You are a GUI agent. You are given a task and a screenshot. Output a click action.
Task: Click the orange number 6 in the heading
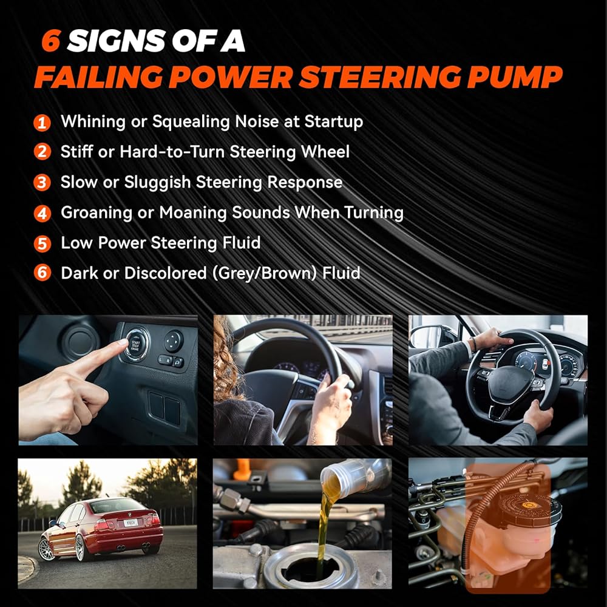click(51, 40)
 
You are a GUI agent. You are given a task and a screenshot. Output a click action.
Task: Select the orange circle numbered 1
click(42, 123)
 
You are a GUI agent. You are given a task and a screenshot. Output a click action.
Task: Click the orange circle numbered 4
click(42, 213)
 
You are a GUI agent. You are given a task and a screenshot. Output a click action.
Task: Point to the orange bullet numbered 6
click(42, 273)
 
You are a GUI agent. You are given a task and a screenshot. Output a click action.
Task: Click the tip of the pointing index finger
click(123, 342)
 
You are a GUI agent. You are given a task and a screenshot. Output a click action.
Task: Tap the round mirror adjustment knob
click(173, 341)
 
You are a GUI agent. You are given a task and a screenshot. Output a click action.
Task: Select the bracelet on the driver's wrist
click(473, 344)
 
